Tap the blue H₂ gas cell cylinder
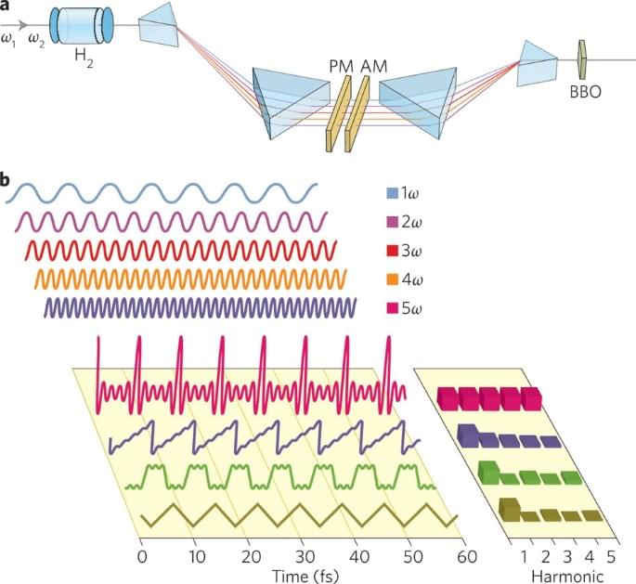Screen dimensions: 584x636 pyautogui.click(x=81, y=25)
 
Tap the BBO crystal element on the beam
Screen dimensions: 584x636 pyautogui.click(x=582, y=57)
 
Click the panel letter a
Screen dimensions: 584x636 pyautogui.click(x=6, y=6)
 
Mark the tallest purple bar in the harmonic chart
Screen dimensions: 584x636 pyautogui.click(x=468, y=435)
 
